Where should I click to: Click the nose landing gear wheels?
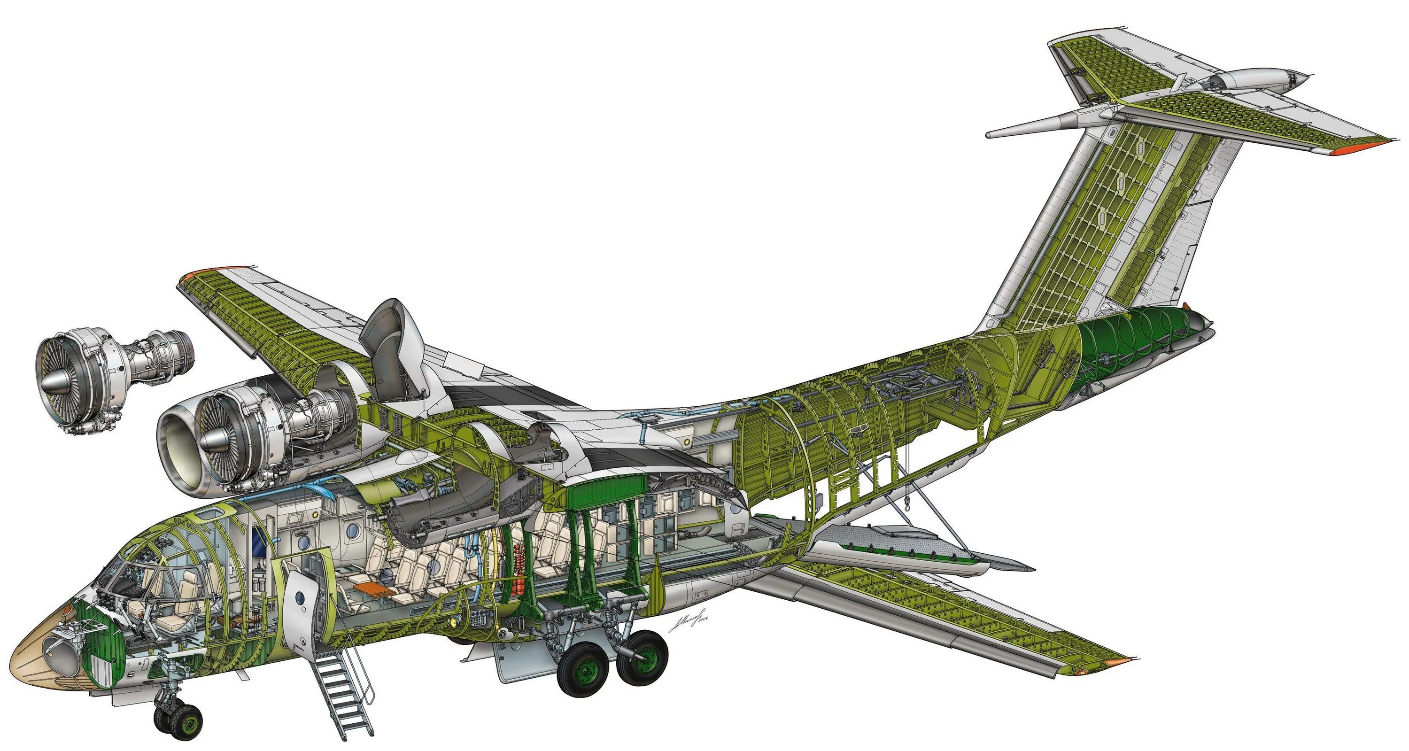[178, 719]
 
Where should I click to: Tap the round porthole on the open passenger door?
[299, 598]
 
